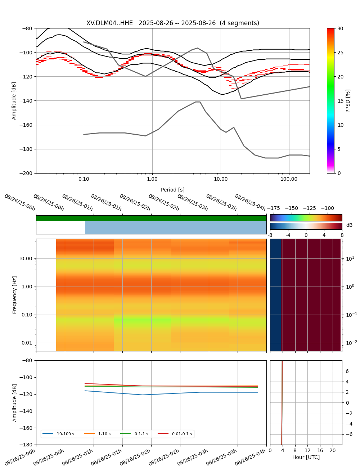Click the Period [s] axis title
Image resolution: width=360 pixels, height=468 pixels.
pyautogui.click(x=172, y=190)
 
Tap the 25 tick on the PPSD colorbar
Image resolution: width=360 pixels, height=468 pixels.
pyautogui.click(x=340, y=53)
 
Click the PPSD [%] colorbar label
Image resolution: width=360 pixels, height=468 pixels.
pyautogui.click(x=348, y=101)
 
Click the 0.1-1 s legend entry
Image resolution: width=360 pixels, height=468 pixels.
pyautogui.click(x=141, y=434)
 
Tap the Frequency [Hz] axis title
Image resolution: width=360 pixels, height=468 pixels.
pyautogui.click(x=15, y=295)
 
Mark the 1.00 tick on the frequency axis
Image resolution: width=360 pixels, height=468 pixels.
pyautogui.click(x=27, y=287)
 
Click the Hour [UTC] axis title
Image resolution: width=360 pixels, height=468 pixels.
pyautogui.click(x=306, y=457)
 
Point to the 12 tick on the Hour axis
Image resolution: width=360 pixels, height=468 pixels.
pyautogui.click(x=307, y=451)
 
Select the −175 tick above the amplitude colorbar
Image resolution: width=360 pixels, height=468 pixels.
pyautogui.click(x=274, y=208)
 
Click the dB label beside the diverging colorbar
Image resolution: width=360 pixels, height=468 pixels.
pyautogui.click(x=349, y=225)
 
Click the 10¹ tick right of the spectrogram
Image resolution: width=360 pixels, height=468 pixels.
pyautogui.click(x=350, y=258)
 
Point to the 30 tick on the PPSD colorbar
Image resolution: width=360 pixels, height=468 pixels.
pyautogui.click(x=340, y=28)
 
